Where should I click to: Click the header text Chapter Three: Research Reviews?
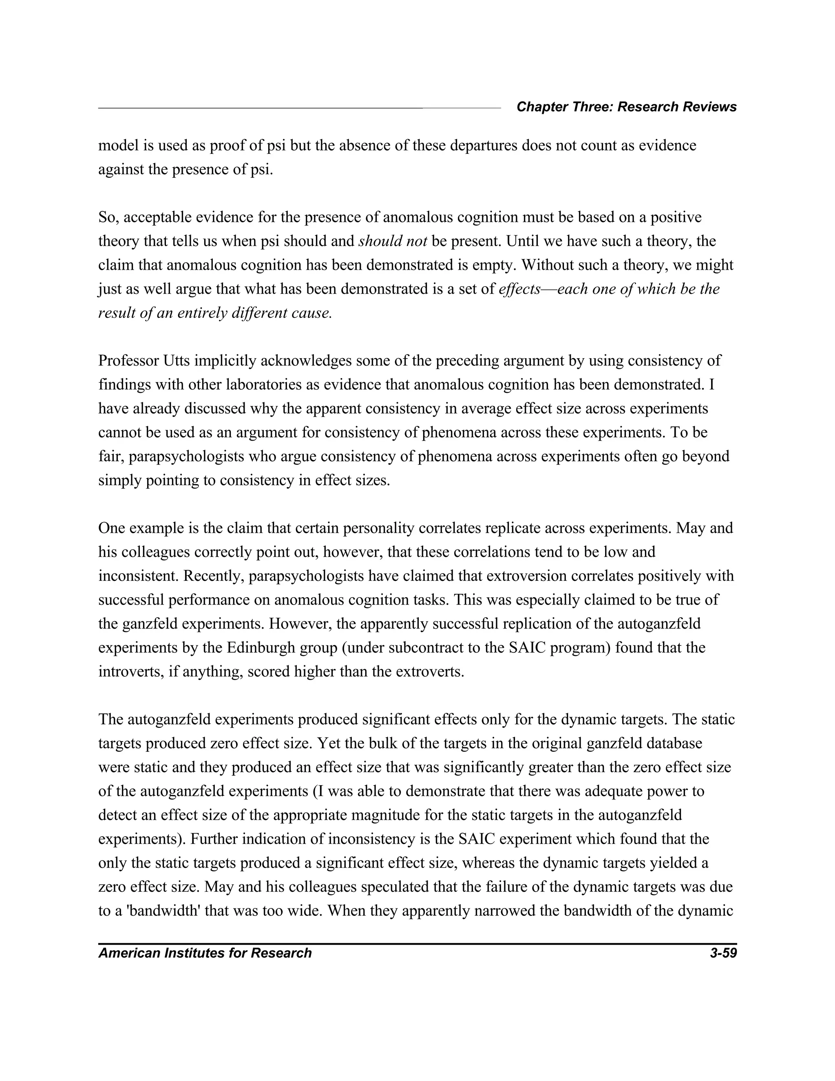[x=626, y=107]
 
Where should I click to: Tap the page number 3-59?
[x=723, y=953]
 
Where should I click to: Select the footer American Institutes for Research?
[x=205, y=953]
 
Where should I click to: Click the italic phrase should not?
[x=392, y=241]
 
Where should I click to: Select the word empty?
[x=494, y=265]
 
